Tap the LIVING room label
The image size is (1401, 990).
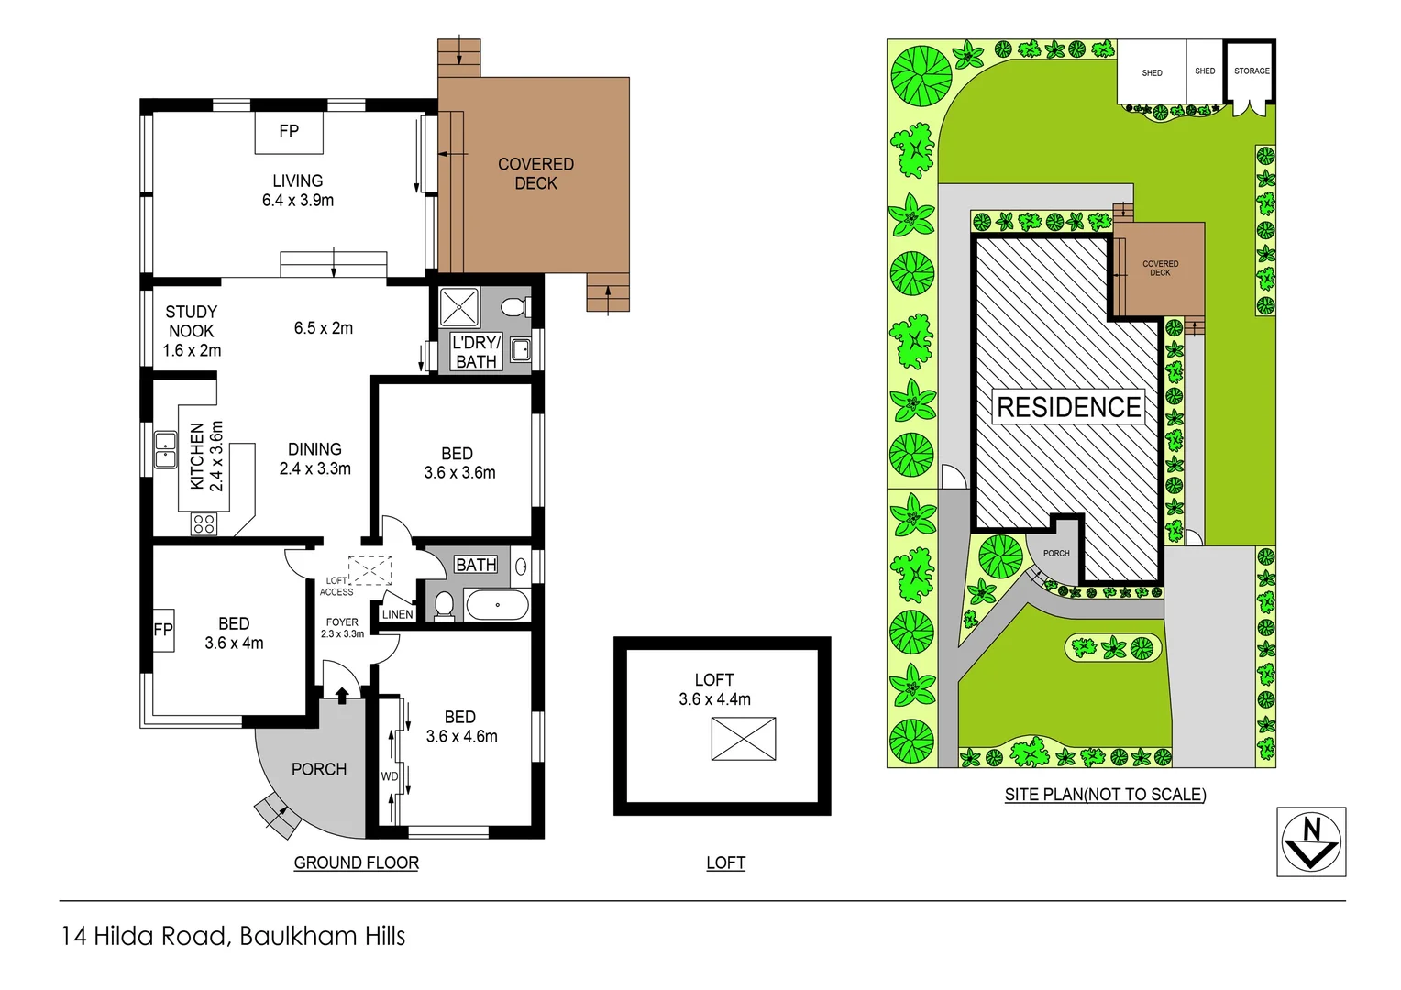pos(297,181)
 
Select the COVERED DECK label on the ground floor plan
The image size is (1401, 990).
pos(535,173)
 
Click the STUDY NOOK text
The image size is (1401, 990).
pos(191,322)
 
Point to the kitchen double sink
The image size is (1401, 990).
pos(165,449)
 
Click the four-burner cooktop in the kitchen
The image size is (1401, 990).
pos(204,523)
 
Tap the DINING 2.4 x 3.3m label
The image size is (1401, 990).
pos(314,459)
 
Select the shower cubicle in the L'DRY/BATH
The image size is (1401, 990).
pos(459,307)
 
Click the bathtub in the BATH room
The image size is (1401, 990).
pos(497,605)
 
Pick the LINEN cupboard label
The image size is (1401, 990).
pos(397,614)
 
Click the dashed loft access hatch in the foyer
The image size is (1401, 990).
pos(370,570)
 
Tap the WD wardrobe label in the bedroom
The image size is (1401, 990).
pos(390,776)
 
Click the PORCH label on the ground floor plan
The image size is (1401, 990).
pos(319,769)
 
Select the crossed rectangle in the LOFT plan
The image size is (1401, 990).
pos(744,739)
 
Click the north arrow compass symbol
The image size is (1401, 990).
pos(1311,841)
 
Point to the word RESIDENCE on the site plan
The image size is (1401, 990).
pos(1069,407)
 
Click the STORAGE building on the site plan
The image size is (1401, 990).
pos(1251,73)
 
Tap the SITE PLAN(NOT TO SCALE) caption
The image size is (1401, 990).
pos(1105,795)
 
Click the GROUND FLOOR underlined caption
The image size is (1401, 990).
pos(356,863)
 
